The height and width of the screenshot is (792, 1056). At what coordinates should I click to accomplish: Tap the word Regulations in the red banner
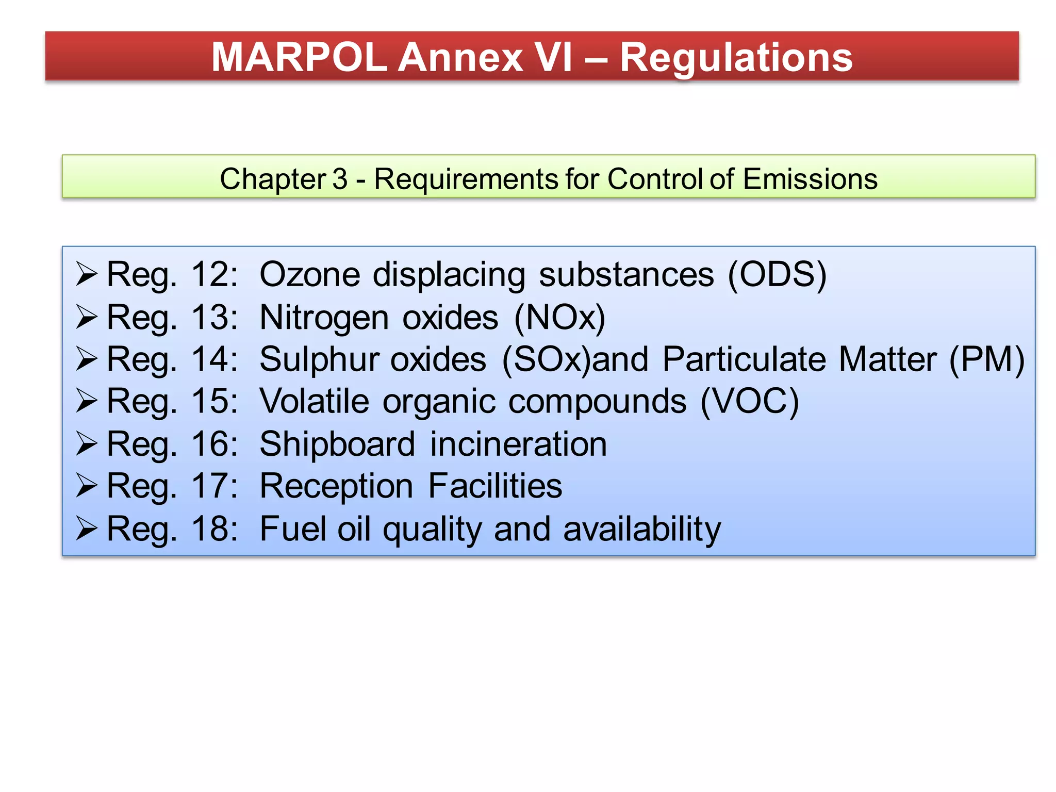coord(736,58)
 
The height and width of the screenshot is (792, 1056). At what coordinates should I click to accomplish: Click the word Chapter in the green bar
coord(273,179)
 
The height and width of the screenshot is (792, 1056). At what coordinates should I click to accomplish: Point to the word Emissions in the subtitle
coord(810,179)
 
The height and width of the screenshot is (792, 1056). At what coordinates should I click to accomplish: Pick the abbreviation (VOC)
coord(750,401)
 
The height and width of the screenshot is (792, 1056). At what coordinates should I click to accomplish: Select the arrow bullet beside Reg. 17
coord(87,486)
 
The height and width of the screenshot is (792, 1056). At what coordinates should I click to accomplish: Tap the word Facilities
coord(495,486)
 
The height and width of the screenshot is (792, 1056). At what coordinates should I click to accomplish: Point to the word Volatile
coord(315,401)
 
